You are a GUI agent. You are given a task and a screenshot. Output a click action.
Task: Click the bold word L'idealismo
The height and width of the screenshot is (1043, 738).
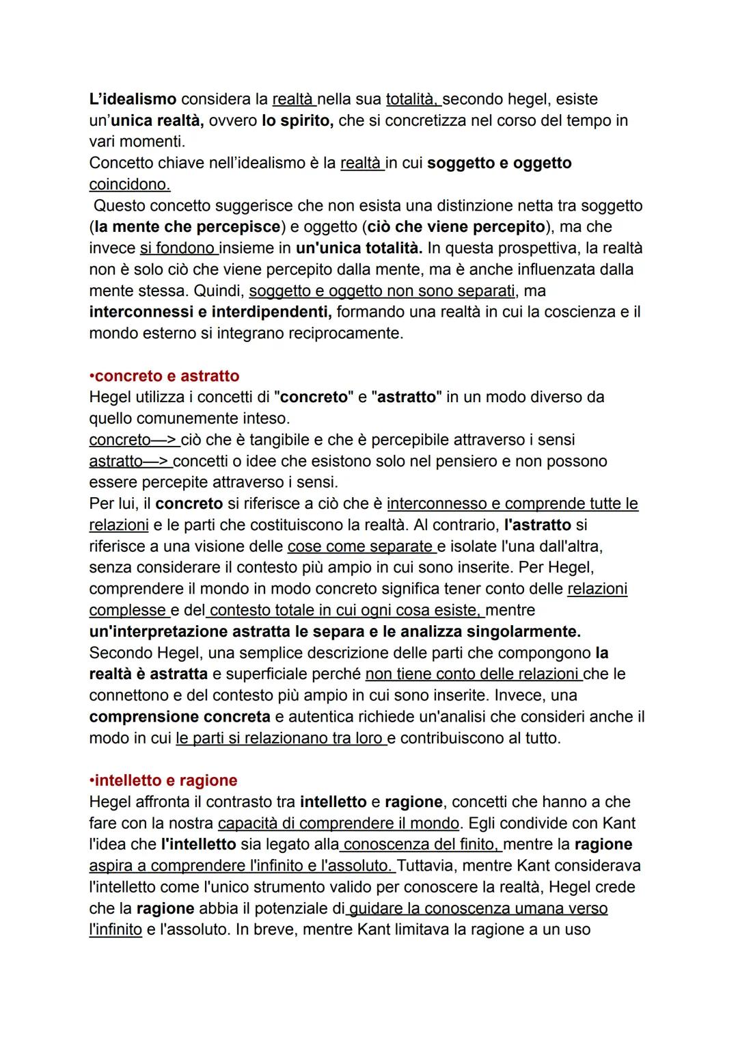[133, 99]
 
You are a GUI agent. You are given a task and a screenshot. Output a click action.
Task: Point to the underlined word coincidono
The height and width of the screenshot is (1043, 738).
[130, 184]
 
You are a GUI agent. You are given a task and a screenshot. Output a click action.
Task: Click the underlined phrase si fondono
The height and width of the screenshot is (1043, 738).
[178, 248]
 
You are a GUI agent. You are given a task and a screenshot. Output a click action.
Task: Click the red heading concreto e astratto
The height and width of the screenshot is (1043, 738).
[164, 375]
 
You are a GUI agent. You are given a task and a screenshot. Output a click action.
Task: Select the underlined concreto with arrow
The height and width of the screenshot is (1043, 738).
[133, 439]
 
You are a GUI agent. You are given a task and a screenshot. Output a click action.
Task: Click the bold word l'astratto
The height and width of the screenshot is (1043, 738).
[537, 525]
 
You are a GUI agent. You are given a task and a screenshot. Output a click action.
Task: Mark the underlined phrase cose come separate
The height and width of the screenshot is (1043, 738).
[361, 546]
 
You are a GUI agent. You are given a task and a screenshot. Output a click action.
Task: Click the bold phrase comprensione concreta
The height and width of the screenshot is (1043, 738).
[180, 717]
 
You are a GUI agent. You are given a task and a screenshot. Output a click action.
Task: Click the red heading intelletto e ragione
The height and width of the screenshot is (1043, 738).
[164, 780]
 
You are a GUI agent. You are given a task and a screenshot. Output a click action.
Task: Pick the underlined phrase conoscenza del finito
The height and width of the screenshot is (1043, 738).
[422, 844]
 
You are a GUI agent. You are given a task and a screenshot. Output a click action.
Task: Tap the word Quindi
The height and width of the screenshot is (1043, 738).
[217, 291]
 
